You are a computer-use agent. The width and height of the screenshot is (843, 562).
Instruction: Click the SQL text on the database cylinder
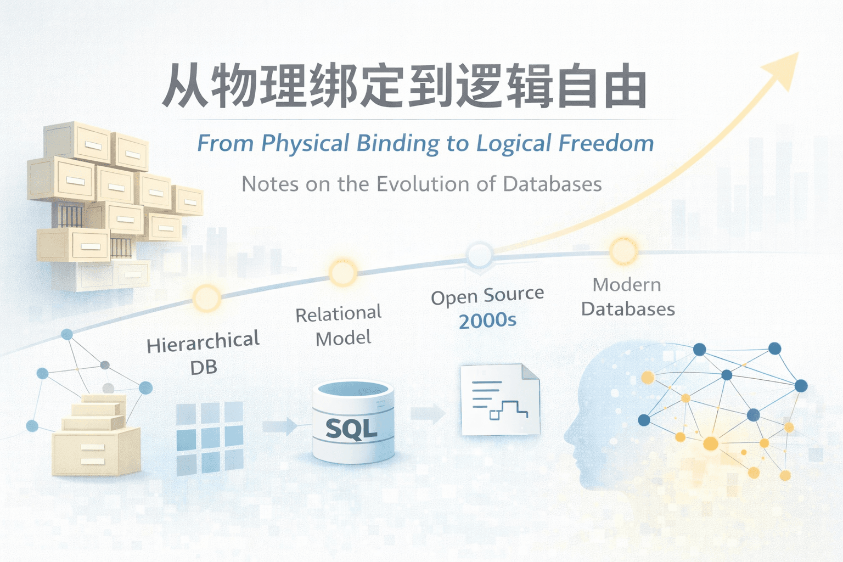click(x=351, y=429)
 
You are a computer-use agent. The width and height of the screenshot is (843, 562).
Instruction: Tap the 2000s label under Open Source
click(x=487, y=321)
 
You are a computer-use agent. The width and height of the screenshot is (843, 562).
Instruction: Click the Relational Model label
click(x=339, y=325)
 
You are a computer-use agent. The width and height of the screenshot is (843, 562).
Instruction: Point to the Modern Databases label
click(x=627, y=297)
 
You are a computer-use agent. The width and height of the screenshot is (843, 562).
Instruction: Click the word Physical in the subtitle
click(x=305, y=144)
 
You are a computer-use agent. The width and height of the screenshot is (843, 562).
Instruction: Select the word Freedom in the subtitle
click(x=606, y=143)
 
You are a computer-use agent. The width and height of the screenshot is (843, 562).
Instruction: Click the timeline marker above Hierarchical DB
click(x=207, y=299)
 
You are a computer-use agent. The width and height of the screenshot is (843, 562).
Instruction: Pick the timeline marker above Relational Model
click(x=342, y=272)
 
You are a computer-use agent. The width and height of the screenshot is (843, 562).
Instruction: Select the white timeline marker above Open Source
click(x=479, y=254)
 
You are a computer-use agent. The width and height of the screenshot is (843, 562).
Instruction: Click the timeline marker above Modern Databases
click(x=623, y=252)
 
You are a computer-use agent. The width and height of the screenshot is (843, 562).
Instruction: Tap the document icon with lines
click(x=500, y=399)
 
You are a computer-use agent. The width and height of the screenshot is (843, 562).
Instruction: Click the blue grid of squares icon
click(x=210, y=437)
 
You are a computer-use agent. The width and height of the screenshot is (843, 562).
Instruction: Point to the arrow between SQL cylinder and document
click(x=428, y=414)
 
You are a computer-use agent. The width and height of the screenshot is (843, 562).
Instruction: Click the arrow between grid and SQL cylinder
click(x=280, y=426)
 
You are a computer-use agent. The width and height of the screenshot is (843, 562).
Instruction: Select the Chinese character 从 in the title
click(x=185, y=87)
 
